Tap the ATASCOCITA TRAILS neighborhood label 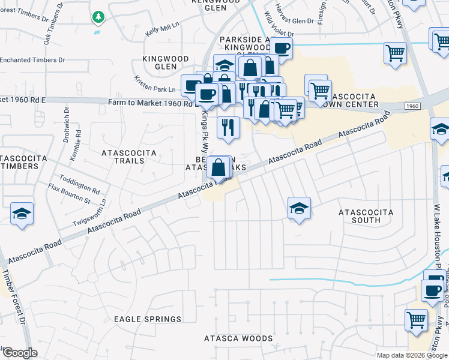coord(129,157)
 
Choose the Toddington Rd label coord(83,180)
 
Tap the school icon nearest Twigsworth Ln coord(22,214)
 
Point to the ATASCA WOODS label coord(238,338)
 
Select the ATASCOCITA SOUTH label coord(366,217)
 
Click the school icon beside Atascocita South coord(299,208)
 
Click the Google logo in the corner coord(19,353)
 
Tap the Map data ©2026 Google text coord(412,355)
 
